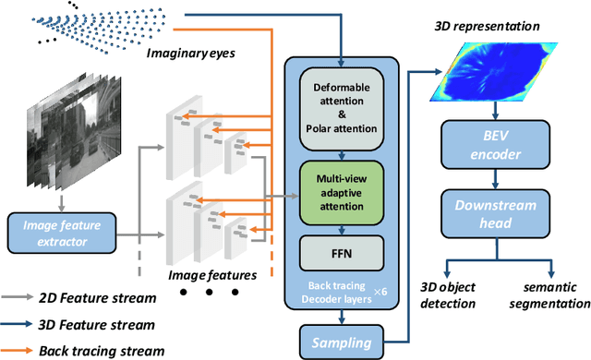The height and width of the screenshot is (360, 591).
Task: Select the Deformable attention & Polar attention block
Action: [x=343, y=100]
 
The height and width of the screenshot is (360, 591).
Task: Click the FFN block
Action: [x=343, y=249]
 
